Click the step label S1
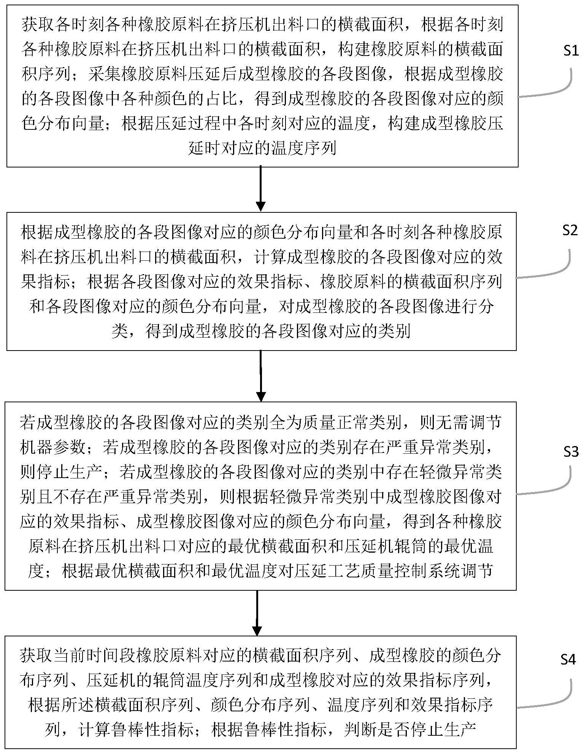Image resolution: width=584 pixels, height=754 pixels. coord(570,51)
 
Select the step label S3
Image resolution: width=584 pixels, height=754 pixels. coord(571,451)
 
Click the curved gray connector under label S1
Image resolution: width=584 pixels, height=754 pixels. coord(544,83)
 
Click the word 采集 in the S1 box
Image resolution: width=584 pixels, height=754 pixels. coord(105,73)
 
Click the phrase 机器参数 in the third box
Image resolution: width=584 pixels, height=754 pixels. coord(53,448)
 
